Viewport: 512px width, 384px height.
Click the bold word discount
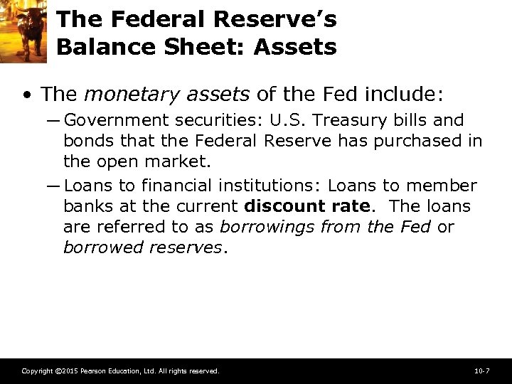[x=281, y=206]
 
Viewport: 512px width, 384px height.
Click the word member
[x=441, y=186]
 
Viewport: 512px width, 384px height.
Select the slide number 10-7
[x=481, y=371]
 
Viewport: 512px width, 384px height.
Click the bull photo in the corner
[x=23, y=31]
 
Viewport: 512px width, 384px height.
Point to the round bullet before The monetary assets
[x=26, y=94]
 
